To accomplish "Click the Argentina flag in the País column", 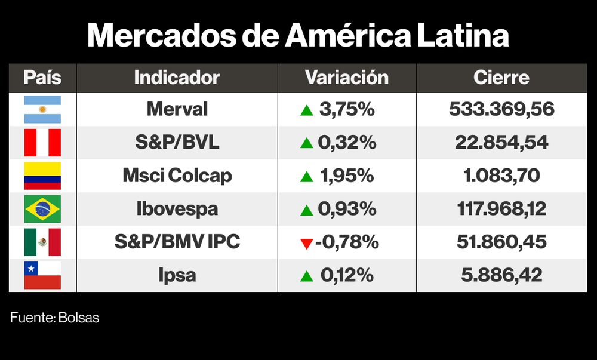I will tap(42, 109).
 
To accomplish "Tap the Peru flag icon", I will tap(42, 143).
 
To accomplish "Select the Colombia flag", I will tap(42, 176).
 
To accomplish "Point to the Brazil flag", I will tap(42, 209).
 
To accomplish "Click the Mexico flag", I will tap(42, 242).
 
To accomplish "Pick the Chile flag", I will tap(42, 275).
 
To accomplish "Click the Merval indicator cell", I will tap(177, 109).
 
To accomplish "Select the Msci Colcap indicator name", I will tap(177, 176).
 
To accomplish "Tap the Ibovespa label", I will tap(177, 209).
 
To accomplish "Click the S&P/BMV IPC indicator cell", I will tap(177, 242).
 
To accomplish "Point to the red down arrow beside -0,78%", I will tap(306, 243).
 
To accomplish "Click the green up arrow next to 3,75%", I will tap(306, 110).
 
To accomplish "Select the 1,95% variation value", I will tap(346, 176).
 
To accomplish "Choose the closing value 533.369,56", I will tap(501, 109).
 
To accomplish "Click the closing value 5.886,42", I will tap(501, 275).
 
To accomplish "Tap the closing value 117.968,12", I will tap(501, 209).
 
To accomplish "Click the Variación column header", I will tap(346, 78).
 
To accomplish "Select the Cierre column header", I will tap(501, 78).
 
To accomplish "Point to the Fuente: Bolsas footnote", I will tap(54, 318).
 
